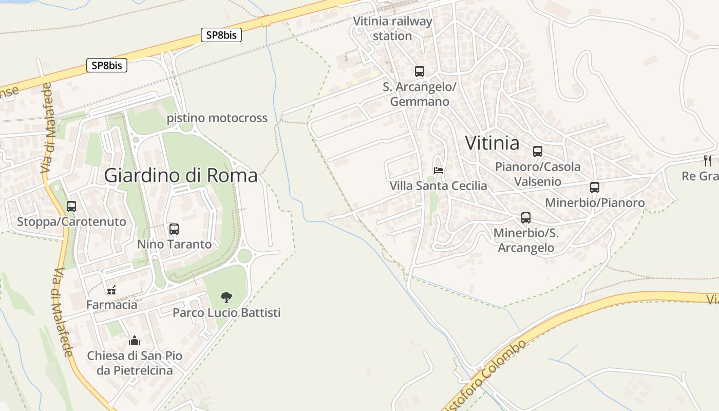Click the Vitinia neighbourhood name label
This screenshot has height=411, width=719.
pyautogui.click(x=492, y=143)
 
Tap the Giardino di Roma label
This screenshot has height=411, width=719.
pyautogui.click(x=181, y=176)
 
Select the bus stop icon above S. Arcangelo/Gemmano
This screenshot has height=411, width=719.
pyautogui.click(x=420, y=71)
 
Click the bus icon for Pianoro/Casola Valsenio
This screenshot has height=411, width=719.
pyautogui.click(x=538, y=152)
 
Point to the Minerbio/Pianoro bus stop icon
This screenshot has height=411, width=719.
pyautogui.click(x=595, y=188)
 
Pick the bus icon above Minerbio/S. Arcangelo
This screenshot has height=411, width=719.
pyautogui.click(x=526, y=218)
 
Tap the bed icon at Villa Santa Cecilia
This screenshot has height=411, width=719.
pyautogui.click(x=439, y=170)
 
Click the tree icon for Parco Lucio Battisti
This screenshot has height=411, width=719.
pyautogui.click(x=226, y=297)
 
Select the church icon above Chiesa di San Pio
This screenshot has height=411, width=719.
pyautogui.click(x=135, y=341)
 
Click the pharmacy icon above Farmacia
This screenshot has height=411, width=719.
pyautogui.click(x=111, y=290)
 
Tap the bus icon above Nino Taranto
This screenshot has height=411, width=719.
pyautogui.click(x=174, y=229)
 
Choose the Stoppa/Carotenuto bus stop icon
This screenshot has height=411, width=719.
pyautogui.click(x=71, y=207)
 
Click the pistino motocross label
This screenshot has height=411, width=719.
pyautogui.click(x=217, y=118)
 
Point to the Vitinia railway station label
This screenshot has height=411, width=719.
pyautogui.click(x=393, y=29)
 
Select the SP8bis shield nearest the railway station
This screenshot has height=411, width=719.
pyautogui.click(x=221, y=35)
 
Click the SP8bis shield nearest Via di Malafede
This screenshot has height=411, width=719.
pyautogui.click(x=107, y=65)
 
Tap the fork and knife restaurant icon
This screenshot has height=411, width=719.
pyautogui.click(x=708, y=160)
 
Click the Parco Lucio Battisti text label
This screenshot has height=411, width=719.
pyautogui.click(x=226, y=312)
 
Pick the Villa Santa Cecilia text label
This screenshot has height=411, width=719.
pyautogui.click(x=438, y=185)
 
